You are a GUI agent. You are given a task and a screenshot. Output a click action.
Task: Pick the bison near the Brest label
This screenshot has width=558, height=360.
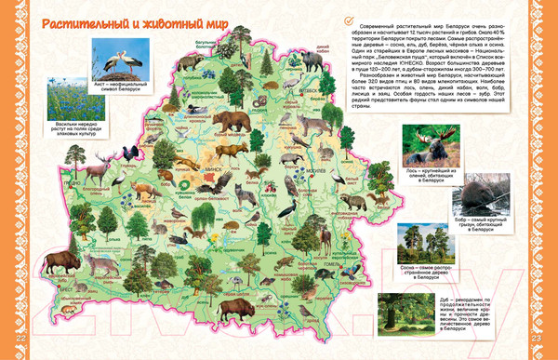[62, 260]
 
